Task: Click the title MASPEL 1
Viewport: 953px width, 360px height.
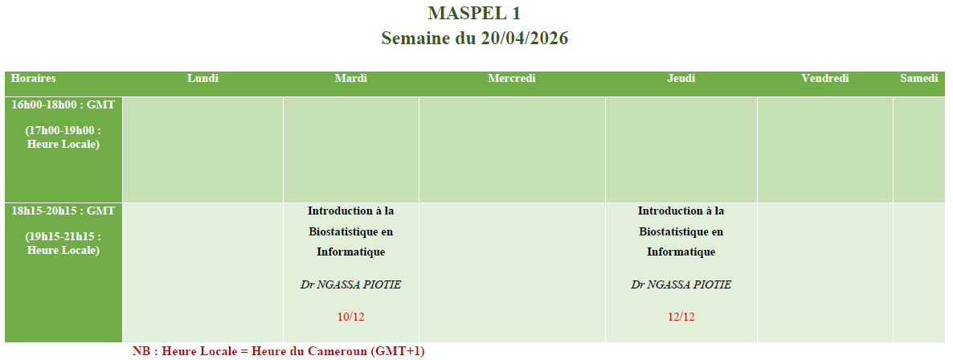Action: pos(474,13)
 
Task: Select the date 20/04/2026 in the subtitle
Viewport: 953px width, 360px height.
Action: pos(525,39)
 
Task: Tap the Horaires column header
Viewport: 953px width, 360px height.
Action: pos(34,79)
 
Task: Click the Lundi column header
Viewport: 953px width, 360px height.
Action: pos(202,79)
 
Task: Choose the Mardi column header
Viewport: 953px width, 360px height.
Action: pos(350,79)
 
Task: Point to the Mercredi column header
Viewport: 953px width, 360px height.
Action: pos(512,79)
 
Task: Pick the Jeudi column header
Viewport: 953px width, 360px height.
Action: pos(681,79)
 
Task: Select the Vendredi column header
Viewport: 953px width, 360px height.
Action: pos(824,79)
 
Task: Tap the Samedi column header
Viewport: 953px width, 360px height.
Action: pos(919,79)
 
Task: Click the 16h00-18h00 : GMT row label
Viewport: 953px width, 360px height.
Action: pos(63,104)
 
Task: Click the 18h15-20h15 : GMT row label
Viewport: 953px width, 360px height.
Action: pos(63,211)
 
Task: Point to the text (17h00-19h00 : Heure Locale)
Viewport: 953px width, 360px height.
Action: pos(63,137)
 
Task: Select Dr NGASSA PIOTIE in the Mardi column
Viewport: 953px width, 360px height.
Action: pos(350,284)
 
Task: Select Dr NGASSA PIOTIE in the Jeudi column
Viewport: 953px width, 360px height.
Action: pos(681,284)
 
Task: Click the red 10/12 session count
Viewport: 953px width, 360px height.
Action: pos(350,317)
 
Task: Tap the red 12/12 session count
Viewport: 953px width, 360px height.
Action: pos(681,317)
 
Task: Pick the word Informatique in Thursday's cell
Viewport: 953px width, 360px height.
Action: pos(681,252)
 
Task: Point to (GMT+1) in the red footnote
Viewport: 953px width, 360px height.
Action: pos(398,351)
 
